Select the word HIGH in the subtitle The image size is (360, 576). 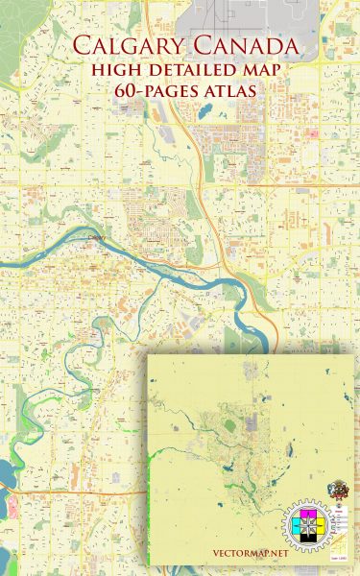click(x=118, y=71)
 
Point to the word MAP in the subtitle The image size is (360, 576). click(x=252, y=71)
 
